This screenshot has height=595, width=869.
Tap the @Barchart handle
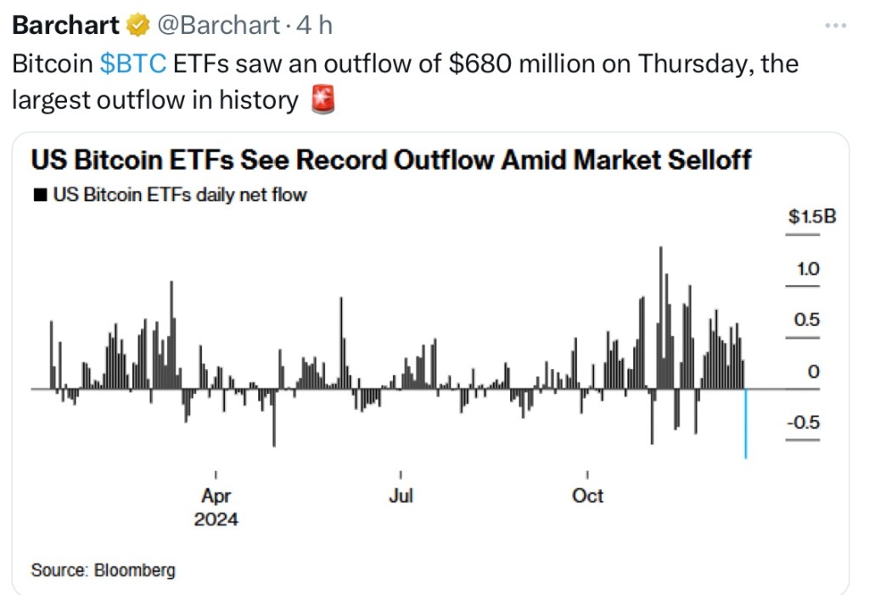tap(217, 26)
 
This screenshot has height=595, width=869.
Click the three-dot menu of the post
tap(837, 26)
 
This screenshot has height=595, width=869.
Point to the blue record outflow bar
tap(745, 424)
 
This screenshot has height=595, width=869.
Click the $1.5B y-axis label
tap(812, 216)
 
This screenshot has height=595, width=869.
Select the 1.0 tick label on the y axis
tap(808, 269)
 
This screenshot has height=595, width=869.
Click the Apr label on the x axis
tap(216, 496)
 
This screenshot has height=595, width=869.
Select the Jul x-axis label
tap(401, 496)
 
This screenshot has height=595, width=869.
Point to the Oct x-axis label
tap(587, 496)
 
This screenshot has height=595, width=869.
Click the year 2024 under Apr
tap(216, 519)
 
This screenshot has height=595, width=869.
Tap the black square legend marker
tap(39, 195)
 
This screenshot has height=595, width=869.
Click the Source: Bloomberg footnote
tap(104, 570)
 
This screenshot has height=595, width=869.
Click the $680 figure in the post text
tap(481, 64)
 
